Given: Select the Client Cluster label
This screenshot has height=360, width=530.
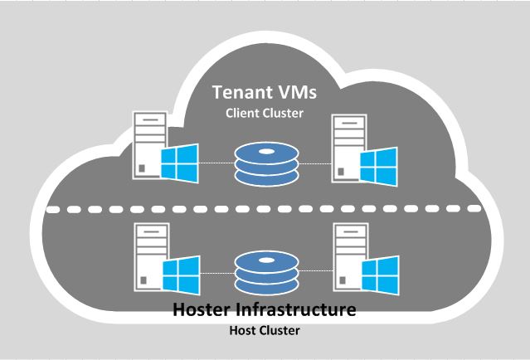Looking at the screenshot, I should click(x=264, y=113).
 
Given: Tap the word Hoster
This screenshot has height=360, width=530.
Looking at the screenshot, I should click(x=210, y=312).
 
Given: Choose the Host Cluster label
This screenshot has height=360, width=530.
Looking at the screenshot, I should click(x=264, y=332).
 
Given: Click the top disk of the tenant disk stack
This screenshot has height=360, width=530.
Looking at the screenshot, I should click(x=264, y=150).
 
